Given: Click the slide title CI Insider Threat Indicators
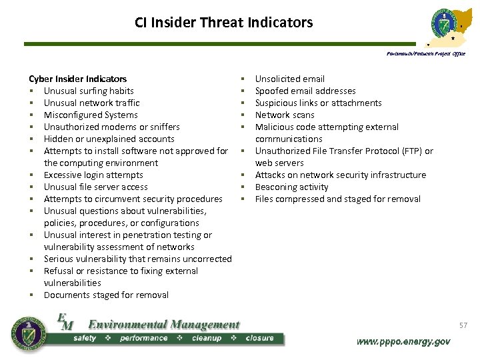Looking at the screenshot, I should tap(223, 23).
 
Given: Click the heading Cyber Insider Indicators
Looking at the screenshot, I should tap(77, 79).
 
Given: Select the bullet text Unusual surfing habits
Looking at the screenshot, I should tap(89, 91).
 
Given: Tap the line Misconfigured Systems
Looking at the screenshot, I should tap(91, 115).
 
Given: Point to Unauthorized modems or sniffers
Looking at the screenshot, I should tap(111, 127).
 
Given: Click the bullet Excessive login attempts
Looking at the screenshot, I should tap(93, 175).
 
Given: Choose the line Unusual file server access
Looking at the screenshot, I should tap(96, 187).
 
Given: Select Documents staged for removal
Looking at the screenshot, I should tap(106, 295).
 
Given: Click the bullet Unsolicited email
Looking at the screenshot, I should tap(290, 79).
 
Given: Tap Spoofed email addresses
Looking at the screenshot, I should tap(305, 91).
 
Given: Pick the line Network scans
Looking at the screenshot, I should tap(285, 115).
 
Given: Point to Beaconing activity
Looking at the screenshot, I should tap(292, 187).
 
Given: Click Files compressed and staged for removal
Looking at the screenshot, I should tap(338, 199).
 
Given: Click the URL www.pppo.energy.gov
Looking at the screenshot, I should tap(403, 341).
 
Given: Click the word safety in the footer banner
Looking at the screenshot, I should tap(85, 338).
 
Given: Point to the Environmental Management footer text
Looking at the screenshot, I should tap(163, 325).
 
